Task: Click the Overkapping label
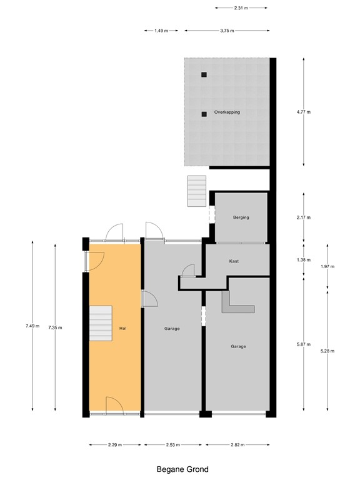(x=227, y=112)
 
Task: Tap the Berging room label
(x=241, y=217)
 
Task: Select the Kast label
(x=234, y=261)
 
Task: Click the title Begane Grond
(x=182, y=469)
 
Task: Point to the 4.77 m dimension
(x=304, y=112)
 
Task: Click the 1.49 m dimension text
(x=161, y=31)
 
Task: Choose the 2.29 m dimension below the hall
(x=114, y=445)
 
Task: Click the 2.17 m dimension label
(x=304, y=217)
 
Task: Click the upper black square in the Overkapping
(x=204, y=75)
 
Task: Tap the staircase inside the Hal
(x=100, y=324)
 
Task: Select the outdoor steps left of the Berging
(x=196, y=190)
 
